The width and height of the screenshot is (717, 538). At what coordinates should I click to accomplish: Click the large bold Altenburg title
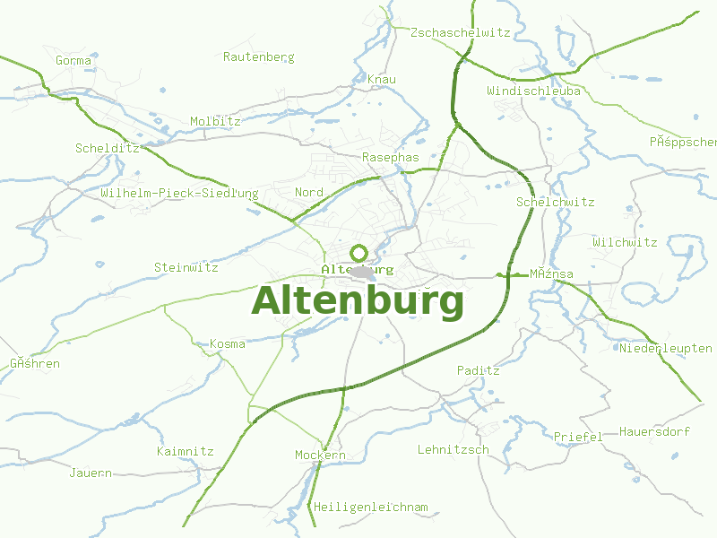(358, 301)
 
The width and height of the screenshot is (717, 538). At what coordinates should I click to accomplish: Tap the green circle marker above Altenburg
(359, 253)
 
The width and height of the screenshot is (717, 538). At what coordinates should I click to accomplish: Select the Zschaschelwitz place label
(460, 32)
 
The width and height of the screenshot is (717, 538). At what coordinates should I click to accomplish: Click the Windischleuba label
(533, 91)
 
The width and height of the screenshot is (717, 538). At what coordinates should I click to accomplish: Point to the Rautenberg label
(258, 56)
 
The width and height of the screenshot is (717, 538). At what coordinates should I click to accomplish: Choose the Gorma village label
(73, 60)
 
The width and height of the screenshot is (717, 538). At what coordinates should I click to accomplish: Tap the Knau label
(382, 80)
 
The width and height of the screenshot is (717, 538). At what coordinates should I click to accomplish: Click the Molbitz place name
(215, 121)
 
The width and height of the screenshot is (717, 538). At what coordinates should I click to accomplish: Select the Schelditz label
(107, 148)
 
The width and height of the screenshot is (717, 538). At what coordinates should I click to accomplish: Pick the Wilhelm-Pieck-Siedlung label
(179, 193)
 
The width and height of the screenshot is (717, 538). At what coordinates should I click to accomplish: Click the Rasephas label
(390, 157)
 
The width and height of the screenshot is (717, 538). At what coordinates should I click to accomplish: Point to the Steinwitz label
(186, 267)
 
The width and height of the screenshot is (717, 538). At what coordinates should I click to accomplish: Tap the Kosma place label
(227, 343)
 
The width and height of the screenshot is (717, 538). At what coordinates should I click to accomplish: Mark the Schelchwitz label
(555, 202)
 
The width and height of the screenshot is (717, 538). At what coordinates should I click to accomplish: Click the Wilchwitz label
(625, 242)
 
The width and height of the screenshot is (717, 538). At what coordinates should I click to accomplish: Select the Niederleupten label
(665, 348)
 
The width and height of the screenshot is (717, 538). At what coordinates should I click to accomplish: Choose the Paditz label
(478, 369)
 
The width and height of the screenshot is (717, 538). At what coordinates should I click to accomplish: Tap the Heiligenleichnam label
(370, 507)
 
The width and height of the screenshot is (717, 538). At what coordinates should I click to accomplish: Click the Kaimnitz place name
(185, 451)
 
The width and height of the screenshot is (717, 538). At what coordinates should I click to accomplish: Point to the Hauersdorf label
(654, 431)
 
